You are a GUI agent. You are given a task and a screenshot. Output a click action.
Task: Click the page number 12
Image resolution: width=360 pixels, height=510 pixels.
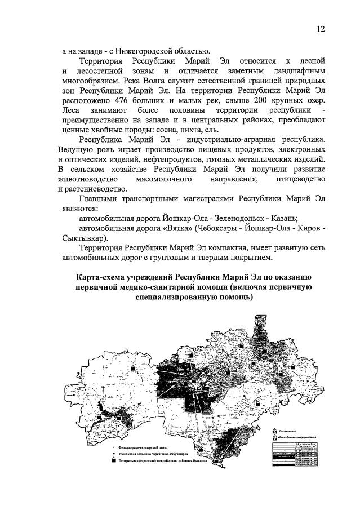[x=321, y=29]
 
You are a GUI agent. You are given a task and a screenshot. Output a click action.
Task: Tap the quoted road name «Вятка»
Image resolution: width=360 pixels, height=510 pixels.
[x=183, y=228]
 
